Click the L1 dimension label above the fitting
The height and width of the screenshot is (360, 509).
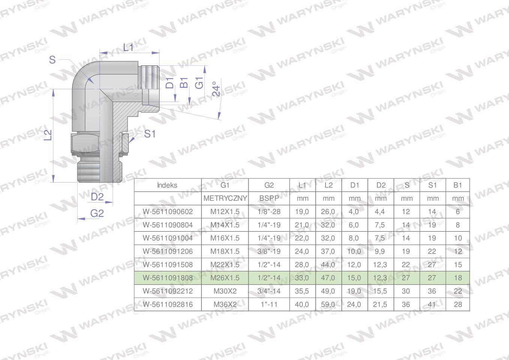pyautogui.click(x=128, y=47)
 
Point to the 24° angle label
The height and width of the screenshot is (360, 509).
pyautogui.click(x=216, y=89)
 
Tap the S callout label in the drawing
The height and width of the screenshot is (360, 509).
pyautogui.click(x=53, y=60)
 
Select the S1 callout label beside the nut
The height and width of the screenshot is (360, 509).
pyautogui.click(x=150, y=134)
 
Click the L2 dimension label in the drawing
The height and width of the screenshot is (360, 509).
pyautogui.click(x=48, y=135)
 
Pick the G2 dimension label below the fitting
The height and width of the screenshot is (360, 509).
pyautogui.click(x=97, y=213)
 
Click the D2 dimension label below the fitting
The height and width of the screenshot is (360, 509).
pyautogui.click(x=97, y=197)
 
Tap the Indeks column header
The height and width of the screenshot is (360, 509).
pyautogui.click(x=167, y=185)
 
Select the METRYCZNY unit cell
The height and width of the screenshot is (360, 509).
pyautogui.click(x=225, y=198)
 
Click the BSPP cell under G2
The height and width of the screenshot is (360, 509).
pyautogui.click(x=269, y=198)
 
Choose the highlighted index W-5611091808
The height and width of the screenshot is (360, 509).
pyautogui.click(x=168, y=278)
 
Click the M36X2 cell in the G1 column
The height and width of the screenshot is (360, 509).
pyautogui.click(x=225, y=304)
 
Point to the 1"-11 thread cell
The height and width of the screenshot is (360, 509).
pyautogui.click(x=269, y=304)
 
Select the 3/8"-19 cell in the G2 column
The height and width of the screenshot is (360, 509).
pyautogui.click(x=269, y=251)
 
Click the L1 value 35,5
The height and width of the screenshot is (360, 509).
pyautogui.click(x=302, y=291)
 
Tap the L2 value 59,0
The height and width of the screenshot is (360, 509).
pyautogui.click(x=328, y=304)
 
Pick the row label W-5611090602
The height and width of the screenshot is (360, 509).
pyautogui.click(x=168, y=211)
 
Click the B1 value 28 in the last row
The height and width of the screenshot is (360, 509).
pyautogui.click(x=458, y=304)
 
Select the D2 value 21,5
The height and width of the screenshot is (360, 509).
pyautogui.click(x=380, y=304)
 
